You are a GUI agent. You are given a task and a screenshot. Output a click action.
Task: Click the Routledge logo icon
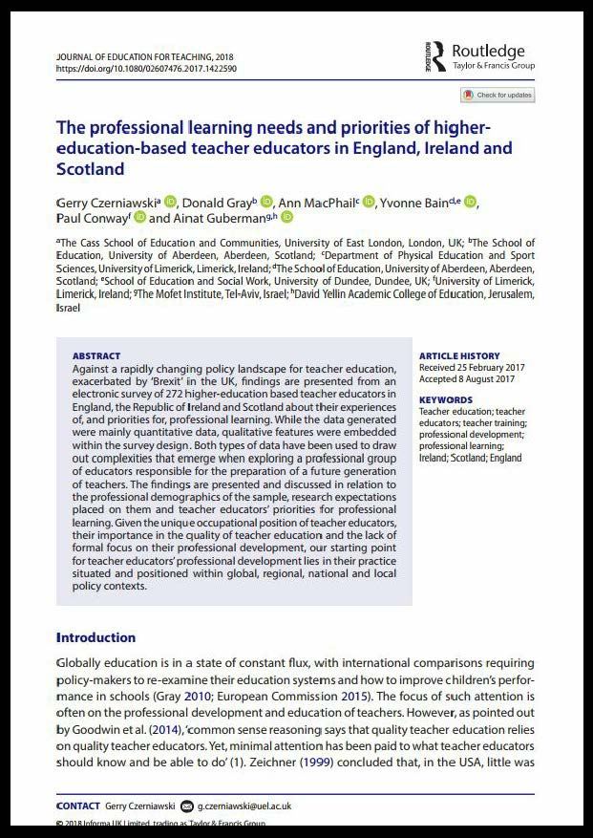[438, 55]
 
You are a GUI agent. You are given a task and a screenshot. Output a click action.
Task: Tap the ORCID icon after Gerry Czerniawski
[171, 202]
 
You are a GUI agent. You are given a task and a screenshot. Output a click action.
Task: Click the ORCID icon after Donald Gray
[266, 202]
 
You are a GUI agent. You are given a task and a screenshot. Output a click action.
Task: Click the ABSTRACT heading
[96, 356]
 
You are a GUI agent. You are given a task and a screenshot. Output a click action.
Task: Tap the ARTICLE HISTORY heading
[459, 356]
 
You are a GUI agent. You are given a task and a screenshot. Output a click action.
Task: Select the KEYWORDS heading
[445, 400]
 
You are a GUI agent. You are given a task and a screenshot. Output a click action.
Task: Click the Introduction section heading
[95, 637]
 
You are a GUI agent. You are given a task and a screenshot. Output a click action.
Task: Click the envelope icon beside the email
[187, 806]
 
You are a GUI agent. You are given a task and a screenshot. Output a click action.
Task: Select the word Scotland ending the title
[91, 170]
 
